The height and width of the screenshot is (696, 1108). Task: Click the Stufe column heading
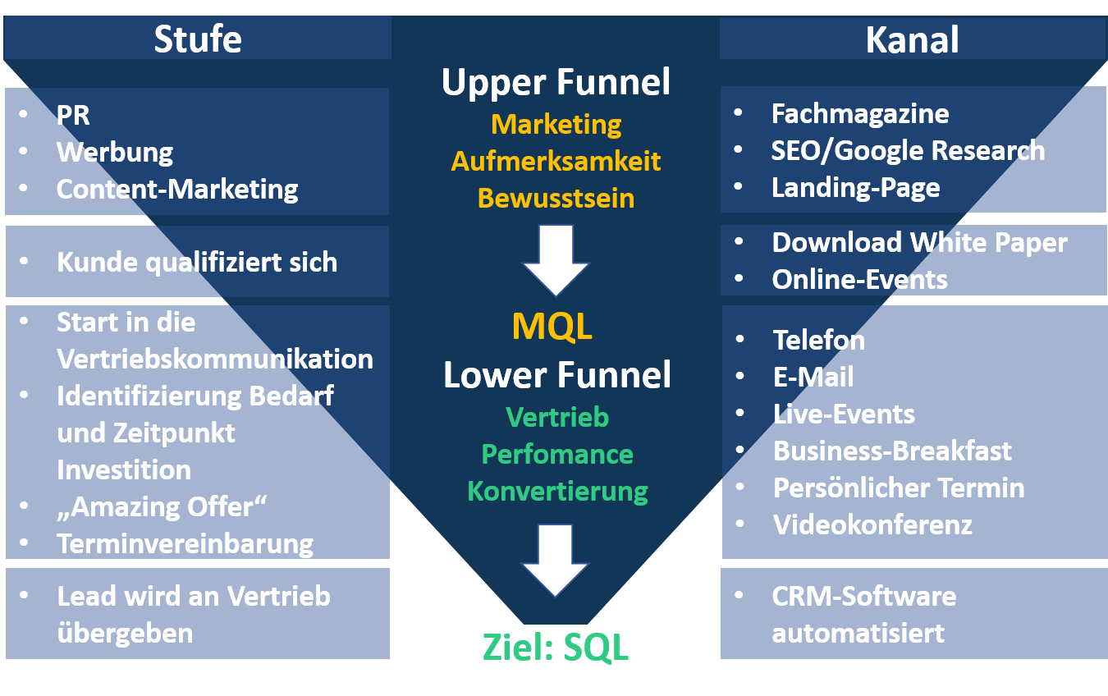click(198, 39)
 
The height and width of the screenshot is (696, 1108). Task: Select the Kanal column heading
click(912, 39)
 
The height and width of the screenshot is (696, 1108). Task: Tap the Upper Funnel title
click(556, 83)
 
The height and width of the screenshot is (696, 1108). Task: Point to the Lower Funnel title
click(557, 375)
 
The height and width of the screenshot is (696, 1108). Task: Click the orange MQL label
click(552, 327)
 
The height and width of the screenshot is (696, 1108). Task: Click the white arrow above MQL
click(556, 260)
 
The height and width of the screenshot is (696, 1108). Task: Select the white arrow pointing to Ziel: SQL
click(556, 561)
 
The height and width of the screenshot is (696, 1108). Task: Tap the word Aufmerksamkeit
click(556, 161)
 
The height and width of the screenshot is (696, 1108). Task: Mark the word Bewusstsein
click(556, 198)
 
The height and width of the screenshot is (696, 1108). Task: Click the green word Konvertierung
click(557, 492)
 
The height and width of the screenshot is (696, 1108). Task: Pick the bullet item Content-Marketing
click(177, 189)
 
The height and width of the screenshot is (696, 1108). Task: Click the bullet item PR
click(73, 115)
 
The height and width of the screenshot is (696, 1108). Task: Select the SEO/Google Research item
click(908, 150)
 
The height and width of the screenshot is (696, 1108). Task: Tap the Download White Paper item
click(919, 243)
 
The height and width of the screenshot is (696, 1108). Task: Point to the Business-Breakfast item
click(892, 451)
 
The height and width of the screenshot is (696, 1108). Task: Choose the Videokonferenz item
click(872, 524)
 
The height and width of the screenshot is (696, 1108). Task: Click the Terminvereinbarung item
click(185, 543)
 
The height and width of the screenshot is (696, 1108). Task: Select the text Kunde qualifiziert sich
click(197, 262)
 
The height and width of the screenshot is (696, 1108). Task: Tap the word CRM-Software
click(863, 596)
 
